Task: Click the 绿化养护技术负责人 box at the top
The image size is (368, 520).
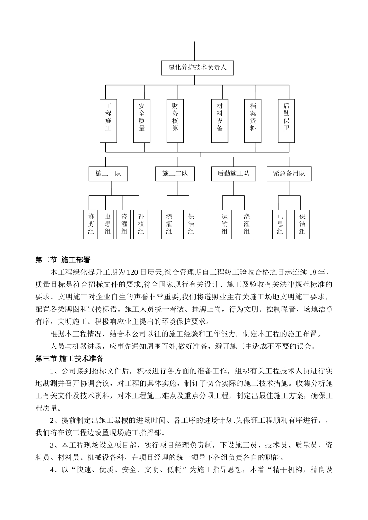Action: [x=197, y=68]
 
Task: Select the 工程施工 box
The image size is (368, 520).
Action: [x=108, y=121]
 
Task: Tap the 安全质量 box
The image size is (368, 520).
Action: [x=141, y=121]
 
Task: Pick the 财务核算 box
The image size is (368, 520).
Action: [x=175, y=121]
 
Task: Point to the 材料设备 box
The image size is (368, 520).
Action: [x=220, y=121]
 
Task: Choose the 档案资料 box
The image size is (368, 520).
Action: [x=253, y=121]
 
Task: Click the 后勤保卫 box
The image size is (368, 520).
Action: [x=286, y=121]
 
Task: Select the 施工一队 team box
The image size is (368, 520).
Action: [x=108, y=174]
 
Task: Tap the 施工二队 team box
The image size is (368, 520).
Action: [x=175, y=174]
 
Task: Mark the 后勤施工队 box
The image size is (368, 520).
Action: [x=234, y=174]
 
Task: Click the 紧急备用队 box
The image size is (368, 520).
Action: [x=289, y=174]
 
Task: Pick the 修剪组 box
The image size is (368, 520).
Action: [x=91, y=224]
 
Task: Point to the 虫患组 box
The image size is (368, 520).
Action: [x=108, y=224]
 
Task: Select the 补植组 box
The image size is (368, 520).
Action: [x=141, y=224]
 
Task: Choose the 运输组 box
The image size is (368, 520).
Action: [x=225, y=224]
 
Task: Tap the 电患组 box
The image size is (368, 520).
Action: [x=280, y=224]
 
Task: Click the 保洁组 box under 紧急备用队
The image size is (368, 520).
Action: [x=302, y=224]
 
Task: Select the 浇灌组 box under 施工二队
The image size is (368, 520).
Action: [x=169, y=224]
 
